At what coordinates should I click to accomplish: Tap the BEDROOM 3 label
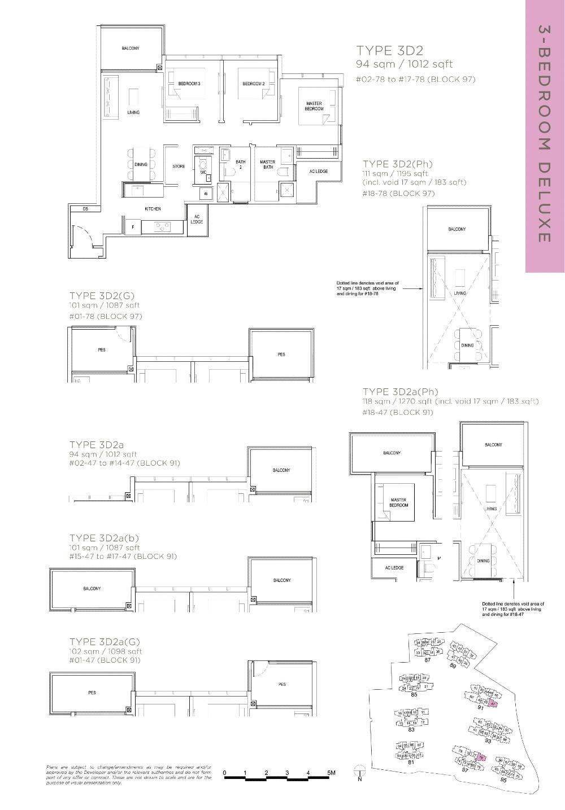pyautogui.click(x=189, y=84)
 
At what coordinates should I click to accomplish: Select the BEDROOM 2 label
pyautogui.click(x=254, y=84)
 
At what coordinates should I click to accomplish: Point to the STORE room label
pyautogui.click(x=179, y=167)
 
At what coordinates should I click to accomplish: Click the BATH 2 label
pyautogui.click(x=241, y=165)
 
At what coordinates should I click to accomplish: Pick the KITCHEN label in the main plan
pyautogui.click(x=153, y=209)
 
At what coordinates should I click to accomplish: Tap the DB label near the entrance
pyautogui.click(x=85, y=209)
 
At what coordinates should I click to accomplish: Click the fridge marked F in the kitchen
pyautogui.click(x=133, y=227)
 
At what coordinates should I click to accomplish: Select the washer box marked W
pyautogui.click(x=205, y=194)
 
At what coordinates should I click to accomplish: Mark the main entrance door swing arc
pyautogui.click(x=82, y=233)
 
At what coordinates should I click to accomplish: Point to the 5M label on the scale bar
pyautogui.click(x=330, y=772)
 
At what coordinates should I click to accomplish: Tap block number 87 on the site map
pyautogui.click(x=427, y=660)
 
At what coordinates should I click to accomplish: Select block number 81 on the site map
pyautogui.click(x=411, y=763)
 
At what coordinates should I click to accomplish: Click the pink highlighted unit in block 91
pyautogui.click(x=493, y=703)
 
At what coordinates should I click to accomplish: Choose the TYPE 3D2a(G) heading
pyautogui.click(x=104, y=642)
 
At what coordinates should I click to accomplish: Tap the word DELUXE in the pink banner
pyautogui.click(x=544, y=201)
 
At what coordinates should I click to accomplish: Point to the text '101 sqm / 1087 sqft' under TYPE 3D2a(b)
pyautogui.click(x=104, y=547)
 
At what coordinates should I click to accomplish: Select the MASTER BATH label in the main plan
pyautogui.click(x=267, y=165)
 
